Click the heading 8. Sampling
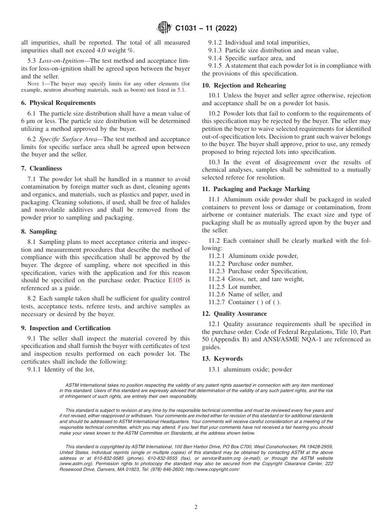coord(39,232)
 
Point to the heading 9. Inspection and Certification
coord(66,328)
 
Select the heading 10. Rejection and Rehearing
coord(244,85)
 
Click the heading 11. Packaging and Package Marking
coord(256,189)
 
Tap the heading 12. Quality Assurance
coord(234,314)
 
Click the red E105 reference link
coord(176,280)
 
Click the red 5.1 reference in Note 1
coord(181,90)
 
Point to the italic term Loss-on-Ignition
coord(58,61)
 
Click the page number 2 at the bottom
coord(196,507)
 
